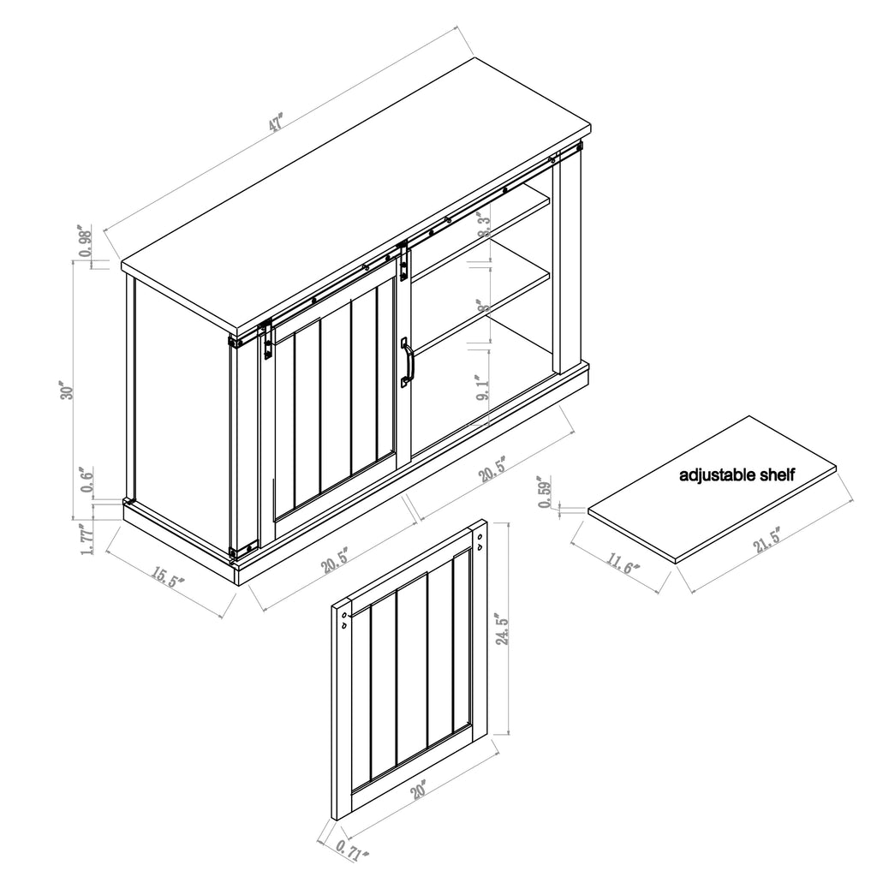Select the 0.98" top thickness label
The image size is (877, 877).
(x=86, y=242)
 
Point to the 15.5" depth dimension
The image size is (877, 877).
(x=170, y=576)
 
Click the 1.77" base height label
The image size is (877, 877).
(x=86, y=539)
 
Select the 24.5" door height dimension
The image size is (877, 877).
(x=504, y=629)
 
